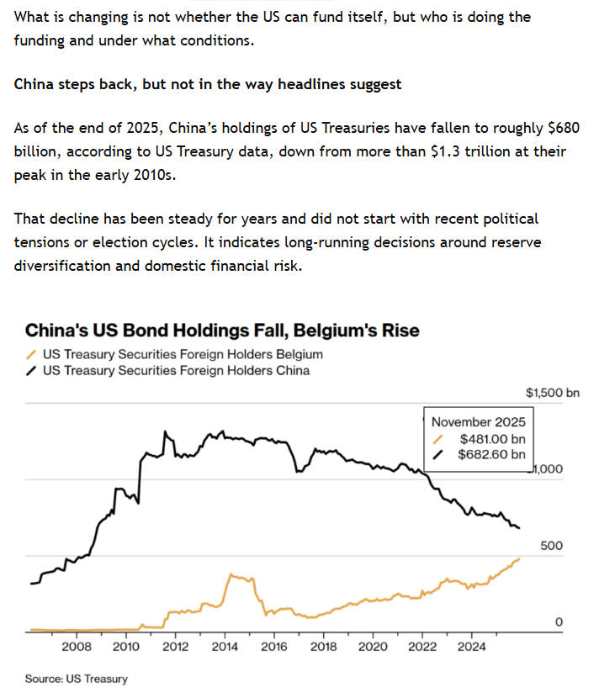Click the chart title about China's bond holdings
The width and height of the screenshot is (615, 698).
click(222, 330)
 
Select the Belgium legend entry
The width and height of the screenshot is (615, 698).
click(174, 354)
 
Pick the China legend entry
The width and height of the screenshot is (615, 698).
click(167, 370)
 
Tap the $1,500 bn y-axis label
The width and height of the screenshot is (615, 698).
click(553, 393)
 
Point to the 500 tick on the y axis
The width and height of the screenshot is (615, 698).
click(551, 545)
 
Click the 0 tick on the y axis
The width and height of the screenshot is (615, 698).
click(559, 621)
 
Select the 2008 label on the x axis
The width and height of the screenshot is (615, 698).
click(77, 647)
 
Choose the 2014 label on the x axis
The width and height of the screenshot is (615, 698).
click(225, 647)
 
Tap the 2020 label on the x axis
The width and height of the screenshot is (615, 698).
click(373, 647)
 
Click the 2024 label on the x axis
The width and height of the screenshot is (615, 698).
click(472, 647)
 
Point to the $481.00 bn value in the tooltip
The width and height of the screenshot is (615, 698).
click(492, 439)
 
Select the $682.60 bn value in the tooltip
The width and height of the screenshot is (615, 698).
click(491, 454)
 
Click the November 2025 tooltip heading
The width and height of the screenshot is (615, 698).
click(478, 421)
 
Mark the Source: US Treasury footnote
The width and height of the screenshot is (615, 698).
click(77, 679)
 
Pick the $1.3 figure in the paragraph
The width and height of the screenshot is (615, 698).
click(445, 151)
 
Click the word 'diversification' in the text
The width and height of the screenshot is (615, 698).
click(61, 266)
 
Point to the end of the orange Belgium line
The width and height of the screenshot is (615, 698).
click(519, 558)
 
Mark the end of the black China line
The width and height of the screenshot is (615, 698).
click(519, 528)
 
